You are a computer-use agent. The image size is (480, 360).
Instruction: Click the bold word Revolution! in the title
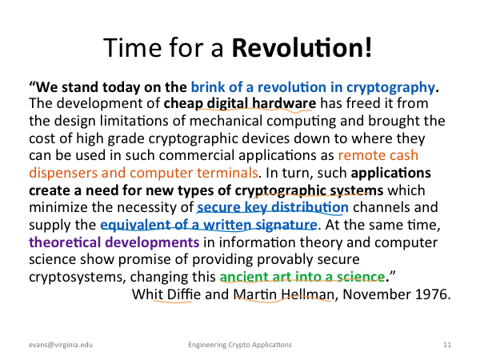coord(302,47)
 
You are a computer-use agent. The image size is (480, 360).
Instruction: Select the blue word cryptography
coord(390,88)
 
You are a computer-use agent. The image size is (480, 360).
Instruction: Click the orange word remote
coord(356,155)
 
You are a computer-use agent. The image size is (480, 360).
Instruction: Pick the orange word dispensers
coord(63,174)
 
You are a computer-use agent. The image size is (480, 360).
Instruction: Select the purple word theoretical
coord(65,242)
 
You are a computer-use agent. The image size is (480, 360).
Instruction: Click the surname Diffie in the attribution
coord(184,294)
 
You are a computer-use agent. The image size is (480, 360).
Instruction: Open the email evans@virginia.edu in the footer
coord(61,345)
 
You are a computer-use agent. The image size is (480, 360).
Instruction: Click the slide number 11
coord(447,345)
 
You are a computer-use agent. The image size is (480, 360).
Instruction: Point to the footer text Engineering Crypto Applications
coord(240,345)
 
